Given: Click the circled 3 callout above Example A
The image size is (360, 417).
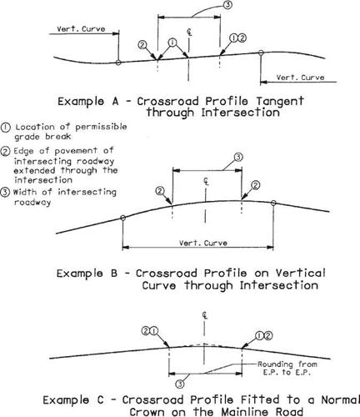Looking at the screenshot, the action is click(227, 5).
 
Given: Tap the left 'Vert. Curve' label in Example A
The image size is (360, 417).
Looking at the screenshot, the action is click(81, 29).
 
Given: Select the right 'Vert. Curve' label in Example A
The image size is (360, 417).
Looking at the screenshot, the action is click(300, 78).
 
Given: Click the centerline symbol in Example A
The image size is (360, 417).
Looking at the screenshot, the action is click(189, 33).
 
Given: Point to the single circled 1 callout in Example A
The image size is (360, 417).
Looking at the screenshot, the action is click(172, 43).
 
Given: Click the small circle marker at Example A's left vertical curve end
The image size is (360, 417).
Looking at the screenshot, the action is click(118, 63).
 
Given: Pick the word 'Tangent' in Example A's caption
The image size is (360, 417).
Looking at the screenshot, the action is click(280, 101).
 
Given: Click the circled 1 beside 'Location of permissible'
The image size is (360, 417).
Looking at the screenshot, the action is click(5, 128).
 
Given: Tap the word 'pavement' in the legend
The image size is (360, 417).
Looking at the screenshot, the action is click(76, 151).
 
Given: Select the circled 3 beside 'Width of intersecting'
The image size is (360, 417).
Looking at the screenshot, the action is click(5, 193).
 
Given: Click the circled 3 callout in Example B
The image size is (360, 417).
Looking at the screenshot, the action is click(238, 157).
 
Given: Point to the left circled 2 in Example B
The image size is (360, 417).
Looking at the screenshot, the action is click(160, 191).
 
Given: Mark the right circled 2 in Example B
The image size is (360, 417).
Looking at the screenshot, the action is click(255, 185).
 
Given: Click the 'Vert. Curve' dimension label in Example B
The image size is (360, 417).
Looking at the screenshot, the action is click(203, 243).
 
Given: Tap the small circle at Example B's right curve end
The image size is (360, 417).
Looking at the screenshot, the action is click(273, 203).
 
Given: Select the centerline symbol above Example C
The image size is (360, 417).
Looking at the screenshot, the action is click(205, 316).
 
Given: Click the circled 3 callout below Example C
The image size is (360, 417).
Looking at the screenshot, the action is click(180, 384).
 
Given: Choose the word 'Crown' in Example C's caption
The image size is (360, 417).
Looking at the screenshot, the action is click(147, 412).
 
